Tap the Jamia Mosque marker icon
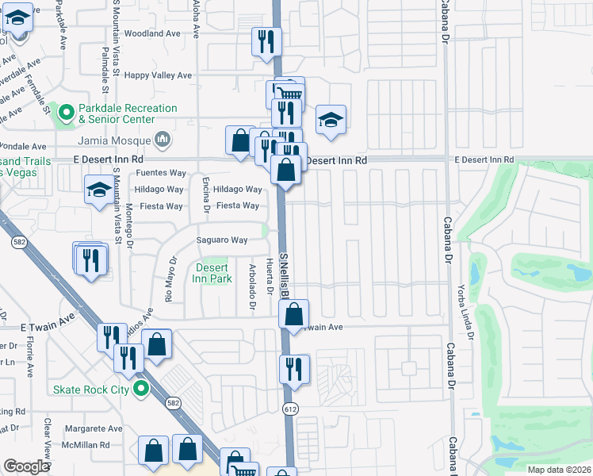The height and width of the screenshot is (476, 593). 163,140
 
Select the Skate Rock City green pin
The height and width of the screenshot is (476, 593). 141,389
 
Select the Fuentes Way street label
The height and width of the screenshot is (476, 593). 161,172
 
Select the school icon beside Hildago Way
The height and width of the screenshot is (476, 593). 99,190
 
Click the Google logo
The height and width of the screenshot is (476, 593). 27,466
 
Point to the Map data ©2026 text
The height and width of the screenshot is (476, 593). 557,470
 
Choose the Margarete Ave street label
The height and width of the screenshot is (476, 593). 94,428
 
